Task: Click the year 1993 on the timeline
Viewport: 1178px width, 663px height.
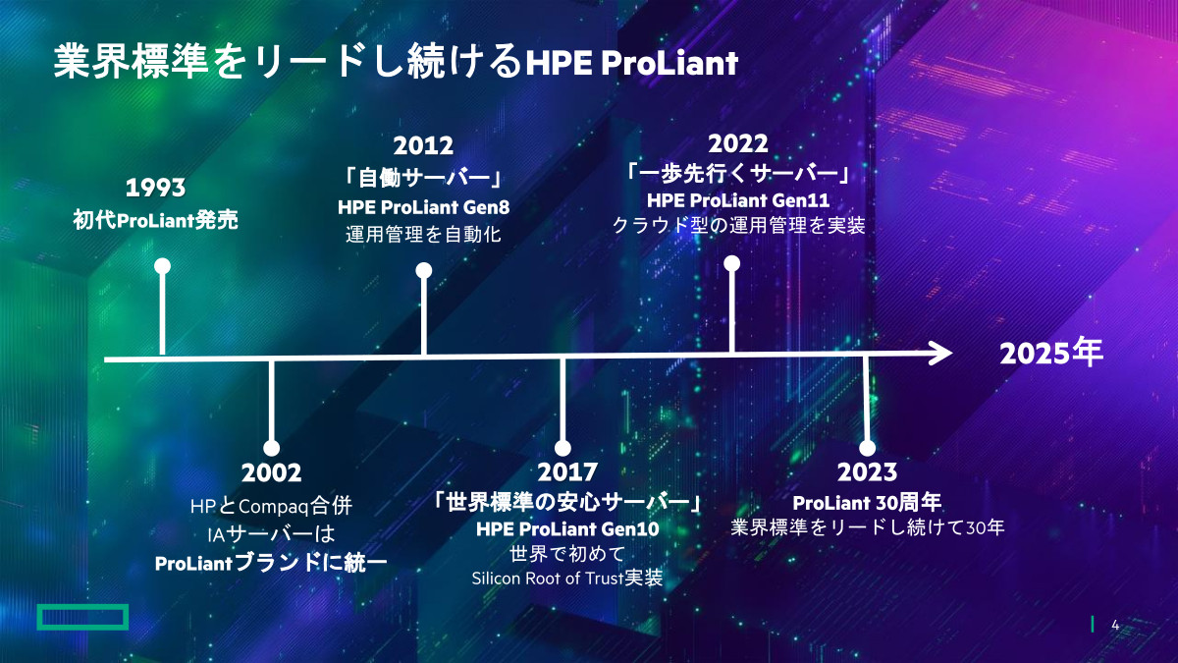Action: click(x=156, y=188)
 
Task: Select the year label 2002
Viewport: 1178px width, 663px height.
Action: click(x=271, y=472)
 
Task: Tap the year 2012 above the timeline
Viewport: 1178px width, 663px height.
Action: click(x=423, y=145)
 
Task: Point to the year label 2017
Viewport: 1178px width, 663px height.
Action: click(x=567, y=472)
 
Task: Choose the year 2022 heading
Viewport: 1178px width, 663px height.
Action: click(x=738, y=143)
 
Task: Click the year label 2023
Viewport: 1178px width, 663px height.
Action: click(x=867, y=472)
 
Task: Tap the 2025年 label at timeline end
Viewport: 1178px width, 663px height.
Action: click(x=1051, y=353)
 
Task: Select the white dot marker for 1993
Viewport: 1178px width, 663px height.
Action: click(x=163, y=266)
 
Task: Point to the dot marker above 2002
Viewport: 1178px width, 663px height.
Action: click(x=271, y=448)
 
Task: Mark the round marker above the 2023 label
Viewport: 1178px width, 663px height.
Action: click(x=867, y=448)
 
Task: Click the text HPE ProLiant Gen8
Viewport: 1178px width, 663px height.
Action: click(x=423, y=207)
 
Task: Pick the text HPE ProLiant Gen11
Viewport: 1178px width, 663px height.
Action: click(x=738, y=200)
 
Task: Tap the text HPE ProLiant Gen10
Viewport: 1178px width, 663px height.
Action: click(x=567, y=528)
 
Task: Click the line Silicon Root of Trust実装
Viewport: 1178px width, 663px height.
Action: click(x=567, y=579)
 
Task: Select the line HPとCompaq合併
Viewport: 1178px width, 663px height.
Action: click(x=271, y=506)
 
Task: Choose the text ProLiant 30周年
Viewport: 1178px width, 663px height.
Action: click(x=867, y=503)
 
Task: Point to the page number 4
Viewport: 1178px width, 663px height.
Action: click(x=1115, y=625)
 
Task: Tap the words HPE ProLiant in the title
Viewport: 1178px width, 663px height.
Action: click(x=632, y=63)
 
